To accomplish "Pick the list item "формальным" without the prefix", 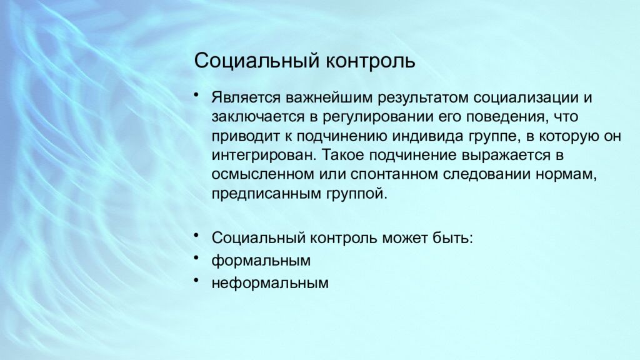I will click(261, 261).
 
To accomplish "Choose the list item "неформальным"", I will click(270, 283).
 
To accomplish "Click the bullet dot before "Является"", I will click(197, 96).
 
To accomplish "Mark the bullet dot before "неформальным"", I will click(197, 279).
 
